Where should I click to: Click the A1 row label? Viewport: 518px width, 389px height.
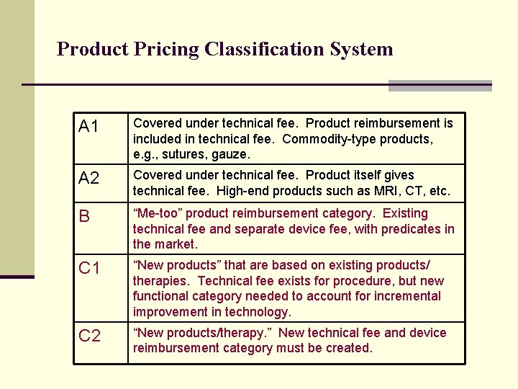[89, 128]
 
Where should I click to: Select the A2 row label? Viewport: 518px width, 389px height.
[89, 178]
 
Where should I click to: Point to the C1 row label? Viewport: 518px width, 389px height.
[89, 269]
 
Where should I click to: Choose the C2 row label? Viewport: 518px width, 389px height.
[89, 336]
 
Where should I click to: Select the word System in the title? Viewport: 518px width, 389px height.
[364, 50]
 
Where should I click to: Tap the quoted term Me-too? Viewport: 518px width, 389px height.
[160, 213]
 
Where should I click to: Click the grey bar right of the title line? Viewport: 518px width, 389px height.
[440, 86]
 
